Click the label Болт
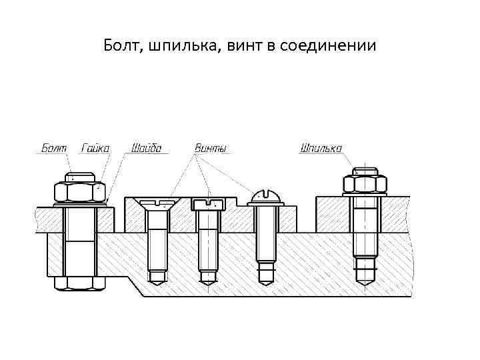tap(53, 147)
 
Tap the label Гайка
tap(95, 147)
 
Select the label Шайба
tap(146, 147)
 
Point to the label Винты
tap(211, 147)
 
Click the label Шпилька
tap(321, 147)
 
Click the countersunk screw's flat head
tap(157, 203)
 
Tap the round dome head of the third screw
tap(267, 197)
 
